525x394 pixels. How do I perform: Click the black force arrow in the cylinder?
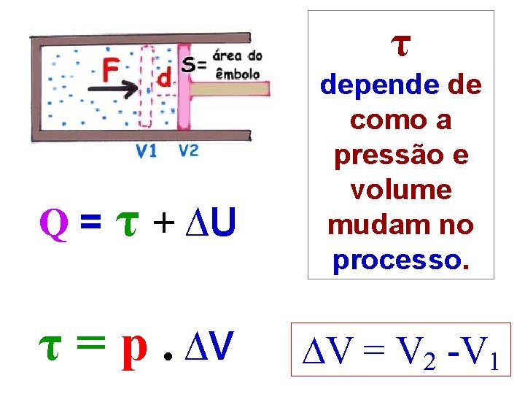pyautogui.click(x=113, y=89)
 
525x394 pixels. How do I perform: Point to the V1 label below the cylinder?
pyautogui.click(x=147, y=151)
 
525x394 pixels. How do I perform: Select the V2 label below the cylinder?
pyautogui.click(x=188, y=151)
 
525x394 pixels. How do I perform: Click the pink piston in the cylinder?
pyautogui.click(x=184, y=88)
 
